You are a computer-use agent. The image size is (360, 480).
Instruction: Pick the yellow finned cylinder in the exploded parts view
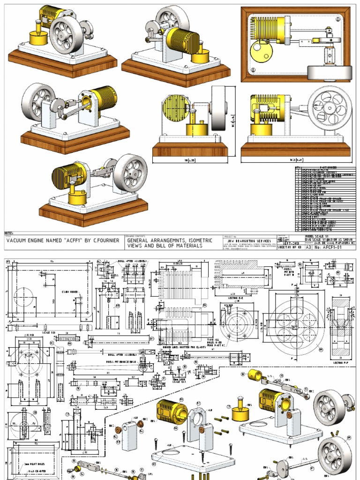(172, 411)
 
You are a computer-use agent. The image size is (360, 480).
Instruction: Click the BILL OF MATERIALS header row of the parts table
(323, 167)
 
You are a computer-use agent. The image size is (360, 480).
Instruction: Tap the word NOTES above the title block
(9, 232)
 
